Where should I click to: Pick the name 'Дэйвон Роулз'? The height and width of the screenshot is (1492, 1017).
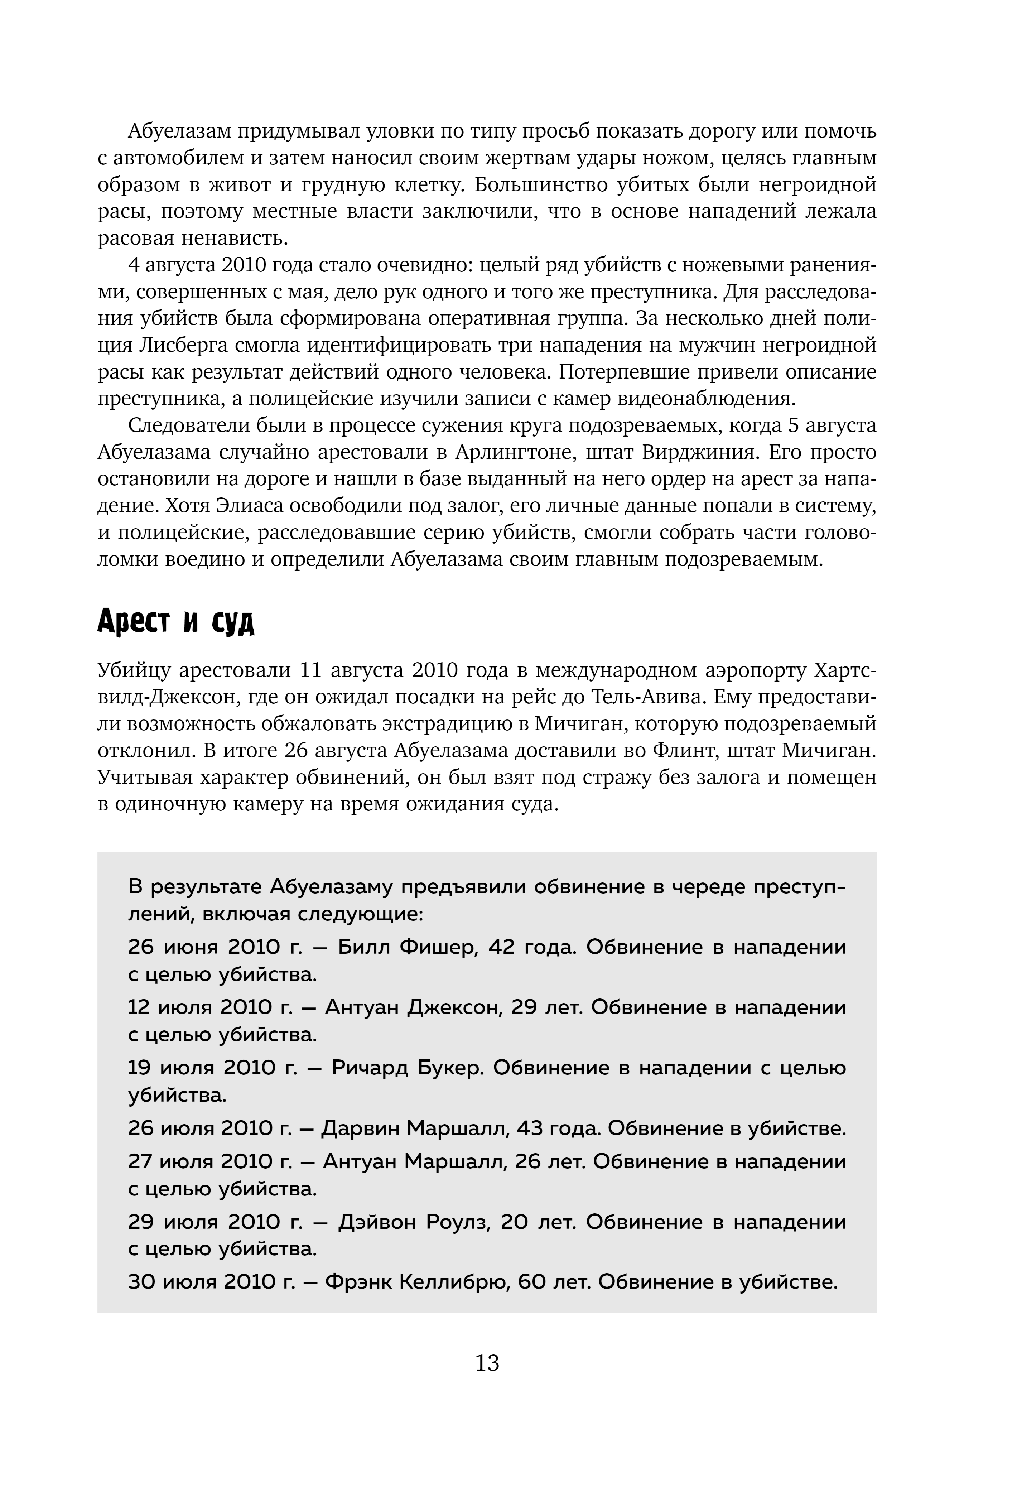414,1222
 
